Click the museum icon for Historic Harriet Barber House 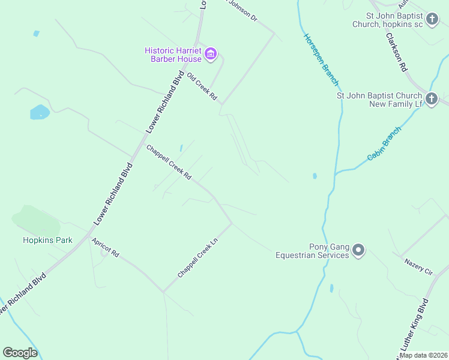(211, 55)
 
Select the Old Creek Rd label (201, 87)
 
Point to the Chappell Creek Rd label (169, 163)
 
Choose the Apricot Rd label (106, 247)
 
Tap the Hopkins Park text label (47, 240)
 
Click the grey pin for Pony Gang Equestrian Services (358, 249)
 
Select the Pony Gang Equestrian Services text (312, 251)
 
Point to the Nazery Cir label (418, 267)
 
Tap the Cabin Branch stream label (384, 145)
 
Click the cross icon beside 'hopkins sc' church (432, 20)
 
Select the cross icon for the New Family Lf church (432, 99)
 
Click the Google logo (20, 352)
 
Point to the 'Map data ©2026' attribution (423, 355)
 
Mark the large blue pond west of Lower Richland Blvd (40, 112)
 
